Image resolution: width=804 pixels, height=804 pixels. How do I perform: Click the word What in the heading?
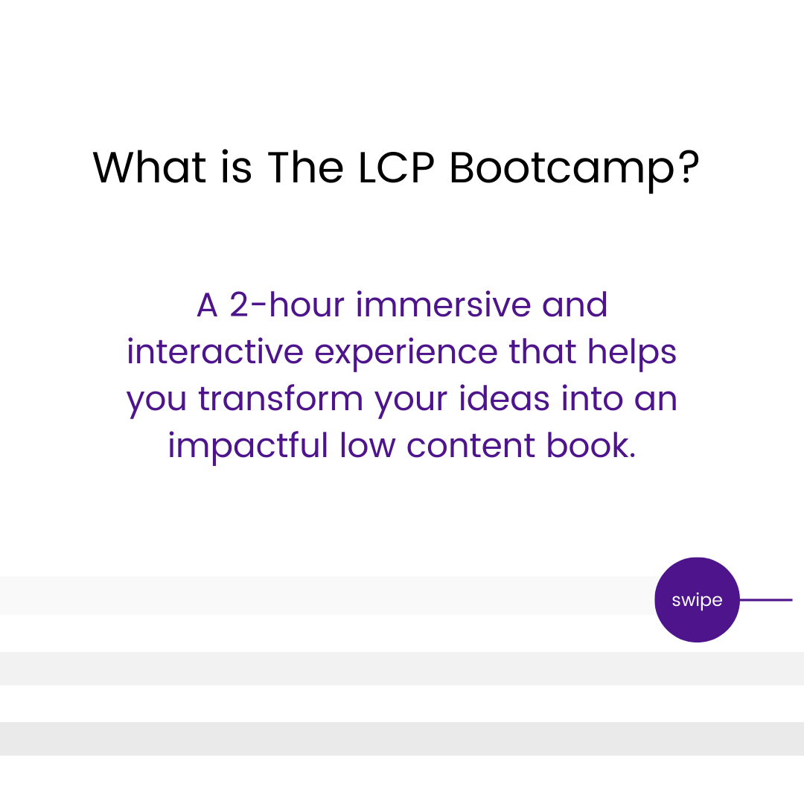[x=149, y=167]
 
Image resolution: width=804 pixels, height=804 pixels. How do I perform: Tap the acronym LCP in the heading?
[x=396, y=167]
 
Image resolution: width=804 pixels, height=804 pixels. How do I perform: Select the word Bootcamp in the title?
[x=562, y=170]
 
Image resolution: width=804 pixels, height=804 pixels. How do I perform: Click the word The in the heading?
[x=306, y=167]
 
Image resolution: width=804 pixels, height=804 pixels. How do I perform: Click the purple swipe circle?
[x=697, y=599]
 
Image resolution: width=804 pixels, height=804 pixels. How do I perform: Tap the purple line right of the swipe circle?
[x=766, y=599]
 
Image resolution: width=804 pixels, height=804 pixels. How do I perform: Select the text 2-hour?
[x=287, y=304]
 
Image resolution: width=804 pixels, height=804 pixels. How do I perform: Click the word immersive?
[x=444, y=304]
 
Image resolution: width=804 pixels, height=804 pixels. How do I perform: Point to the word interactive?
[x=215, y=351]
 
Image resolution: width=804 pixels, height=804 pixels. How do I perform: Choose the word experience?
[x=406, y=355]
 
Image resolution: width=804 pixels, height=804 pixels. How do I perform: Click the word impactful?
[x=248, y=447]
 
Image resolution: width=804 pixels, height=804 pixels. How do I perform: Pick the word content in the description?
[x=470, y=445]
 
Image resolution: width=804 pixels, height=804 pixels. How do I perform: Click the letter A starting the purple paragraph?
[x=207, y=304]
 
